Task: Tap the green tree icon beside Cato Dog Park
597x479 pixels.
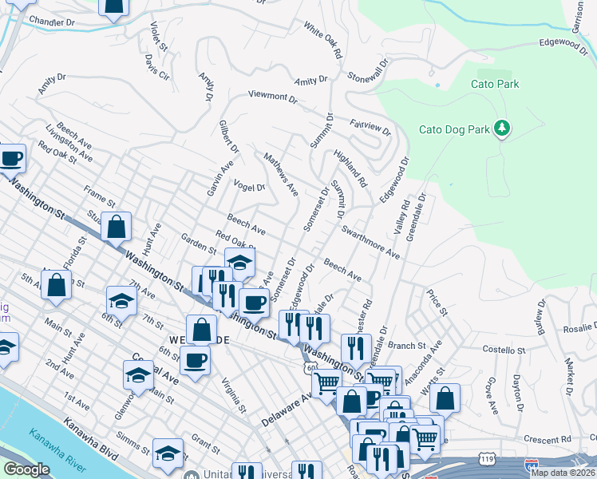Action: (x=502, y=129)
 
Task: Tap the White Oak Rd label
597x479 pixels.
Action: (x=322, y=40)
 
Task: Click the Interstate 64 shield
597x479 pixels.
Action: (x=532, y=464)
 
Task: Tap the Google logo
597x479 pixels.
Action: (x=26, y=469)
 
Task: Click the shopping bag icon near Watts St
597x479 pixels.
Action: (x=446, y=397)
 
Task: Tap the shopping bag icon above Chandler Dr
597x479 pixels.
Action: (x=114, y=5)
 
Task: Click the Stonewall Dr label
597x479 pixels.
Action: (x=368, y=70)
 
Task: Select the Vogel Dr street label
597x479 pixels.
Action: (x=249, y=187)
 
